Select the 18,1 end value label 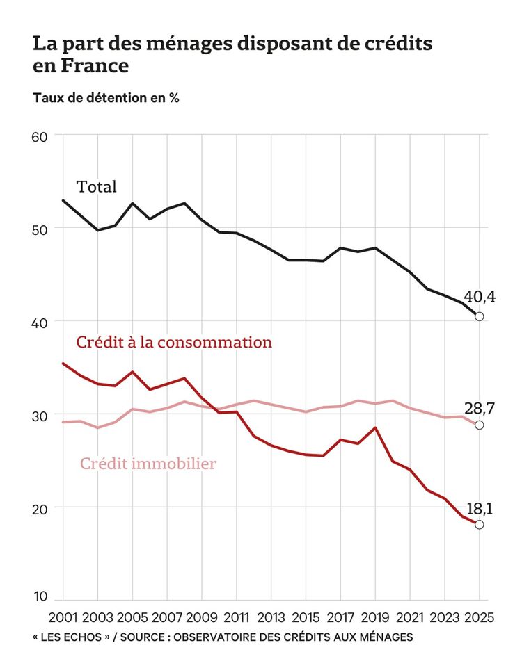click(x=479, y=509)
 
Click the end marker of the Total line click(x=479, y=317)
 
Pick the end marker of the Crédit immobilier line click(x=479, y=425)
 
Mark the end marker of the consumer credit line click(x=479, y=524)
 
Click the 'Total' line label click(x=97, y=187)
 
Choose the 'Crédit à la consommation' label click(x=173, y=343)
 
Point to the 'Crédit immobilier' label click(x=148, y=463)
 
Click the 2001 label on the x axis click(x=63, y=617)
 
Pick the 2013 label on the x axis click(x=271, y=617)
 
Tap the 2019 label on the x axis click(x=375, y=617)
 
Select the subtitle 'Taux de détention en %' click(x=106, y=98)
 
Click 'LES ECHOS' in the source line click(x=70, y=637)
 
